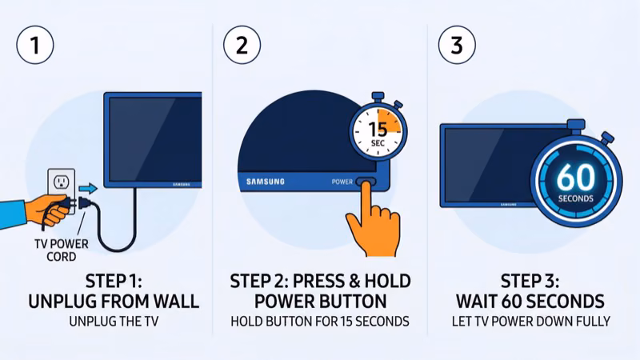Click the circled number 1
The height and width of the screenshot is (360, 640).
[x=34, y=44]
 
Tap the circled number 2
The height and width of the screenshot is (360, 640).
[x=242, y=44]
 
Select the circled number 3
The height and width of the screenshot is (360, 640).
[x=457, y=44]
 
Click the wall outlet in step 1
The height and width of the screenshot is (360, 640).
[x=61, y=186]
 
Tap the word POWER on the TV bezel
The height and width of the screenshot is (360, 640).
[x=342, y=182]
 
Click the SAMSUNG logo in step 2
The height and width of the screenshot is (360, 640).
[x=265, y=182]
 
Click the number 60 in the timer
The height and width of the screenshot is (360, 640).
[x=575, y=175]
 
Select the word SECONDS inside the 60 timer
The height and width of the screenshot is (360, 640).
[x=575, y=198]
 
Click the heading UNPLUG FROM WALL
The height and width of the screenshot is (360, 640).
[x=114, y=302]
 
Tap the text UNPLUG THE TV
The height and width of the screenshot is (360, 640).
[x=114, y=322]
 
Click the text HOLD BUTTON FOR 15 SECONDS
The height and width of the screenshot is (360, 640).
[x=320, y=322]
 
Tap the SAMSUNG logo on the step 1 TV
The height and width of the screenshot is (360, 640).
[x=183, y=184]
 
